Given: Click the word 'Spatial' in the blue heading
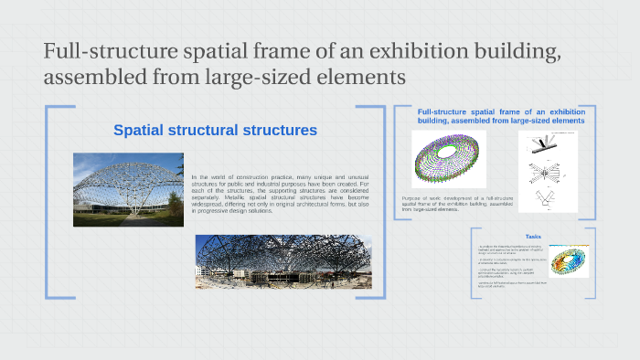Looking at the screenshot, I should click(141, 131).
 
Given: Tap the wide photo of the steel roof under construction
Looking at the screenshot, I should click(283, 261).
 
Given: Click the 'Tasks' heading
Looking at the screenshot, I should click(533, 237).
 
